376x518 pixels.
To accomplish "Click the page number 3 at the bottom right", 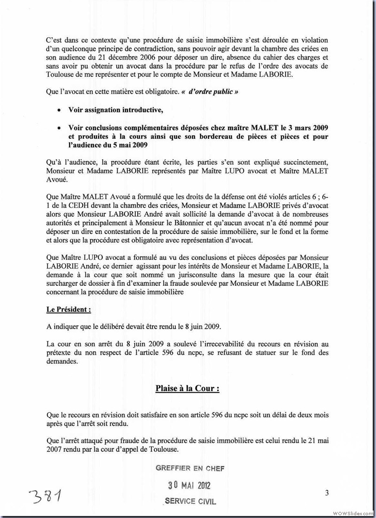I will (327, 493).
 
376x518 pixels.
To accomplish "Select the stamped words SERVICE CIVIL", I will (191, 501).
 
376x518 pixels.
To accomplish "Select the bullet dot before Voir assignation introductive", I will (58, 110).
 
